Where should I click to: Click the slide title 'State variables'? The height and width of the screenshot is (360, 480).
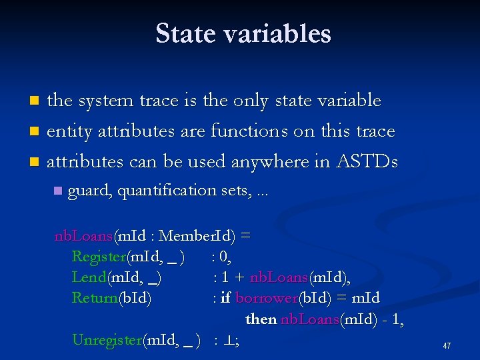click(243, 33)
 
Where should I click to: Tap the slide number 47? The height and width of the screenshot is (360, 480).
click(447, 346)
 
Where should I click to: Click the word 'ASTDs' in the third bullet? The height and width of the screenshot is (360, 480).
click(367, 161)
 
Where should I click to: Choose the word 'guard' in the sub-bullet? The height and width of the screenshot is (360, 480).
click(91, 191)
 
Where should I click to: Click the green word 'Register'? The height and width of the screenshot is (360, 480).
click(99, 257)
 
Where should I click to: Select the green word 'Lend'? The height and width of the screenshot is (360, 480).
click(89, 277)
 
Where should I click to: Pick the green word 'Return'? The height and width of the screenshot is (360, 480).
click(95, 298)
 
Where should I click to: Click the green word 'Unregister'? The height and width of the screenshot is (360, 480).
click(107, 340)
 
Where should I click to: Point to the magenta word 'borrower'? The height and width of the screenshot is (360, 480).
click(263, 298)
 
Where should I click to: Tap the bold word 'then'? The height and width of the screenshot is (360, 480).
click(261, 319)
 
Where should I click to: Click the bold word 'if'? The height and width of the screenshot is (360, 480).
click(225, 298)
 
